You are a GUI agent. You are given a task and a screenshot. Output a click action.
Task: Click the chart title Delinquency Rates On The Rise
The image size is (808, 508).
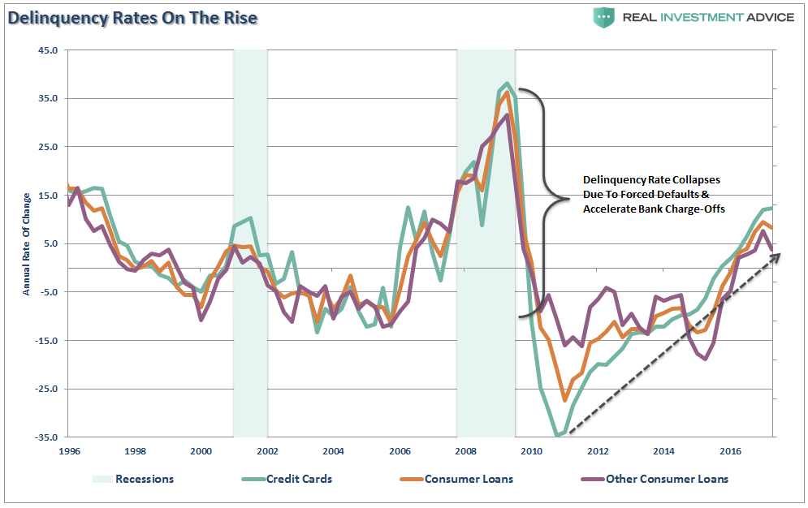coord(130,17)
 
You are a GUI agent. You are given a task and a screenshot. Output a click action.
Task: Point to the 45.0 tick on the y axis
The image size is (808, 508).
coord(47,50)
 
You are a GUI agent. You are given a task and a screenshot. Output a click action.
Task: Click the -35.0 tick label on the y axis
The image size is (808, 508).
coord(45,437)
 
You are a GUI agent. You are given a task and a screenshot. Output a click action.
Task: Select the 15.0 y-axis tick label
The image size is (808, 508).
coord(47,196)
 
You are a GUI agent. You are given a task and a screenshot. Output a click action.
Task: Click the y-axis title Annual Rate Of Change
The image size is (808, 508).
coord(26,243)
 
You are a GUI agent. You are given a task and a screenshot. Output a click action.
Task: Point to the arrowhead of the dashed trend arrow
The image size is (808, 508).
coord(778,256)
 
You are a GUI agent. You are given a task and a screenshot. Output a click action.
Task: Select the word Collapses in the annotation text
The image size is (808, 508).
coord(693,180)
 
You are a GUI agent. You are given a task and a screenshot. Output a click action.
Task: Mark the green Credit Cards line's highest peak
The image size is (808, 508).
coord(508,84)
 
